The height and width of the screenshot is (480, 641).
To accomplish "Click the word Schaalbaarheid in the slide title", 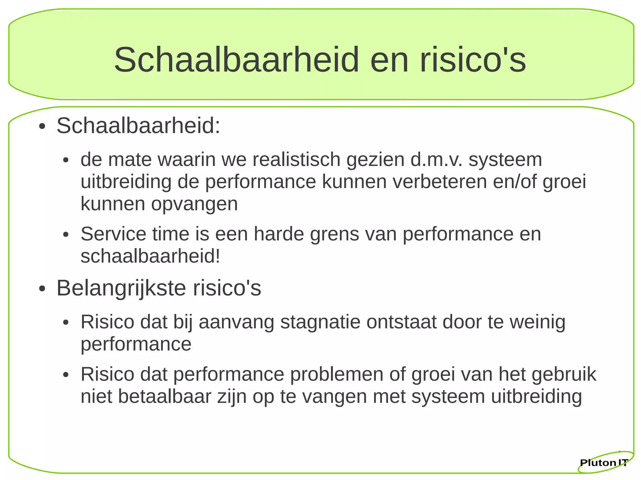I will click(x=236, y=59).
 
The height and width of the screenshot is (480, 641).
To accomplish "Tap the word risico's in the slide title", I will click(x=473, y=59).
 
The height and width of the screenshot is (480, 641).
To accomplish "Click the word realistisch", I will click(x=296, y=159).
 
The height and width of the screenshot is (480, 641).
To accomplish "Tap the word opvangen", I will click(x=194, y=204).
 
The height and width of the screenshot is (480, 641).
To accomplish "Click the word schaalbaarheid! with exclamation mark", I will click(x=150, y=256).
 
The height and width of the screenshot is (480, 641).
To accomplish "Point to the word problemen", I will click(x=337, y=374).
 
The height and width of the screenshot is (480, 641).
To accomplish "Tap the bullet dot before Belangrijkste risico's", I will click(x=42, y=289).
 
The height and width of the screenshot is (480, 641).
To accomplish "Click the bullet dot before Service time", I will click(x=65, y=235).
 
